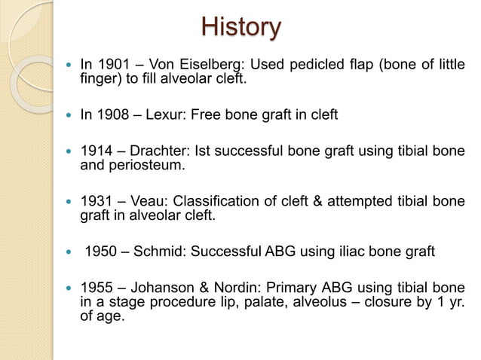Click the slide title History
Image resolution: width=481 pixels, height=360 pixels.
240,29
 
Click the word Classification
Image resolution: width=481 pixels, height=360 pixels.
214,202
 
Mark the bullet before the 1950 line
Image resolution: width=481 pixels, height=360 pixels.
71,252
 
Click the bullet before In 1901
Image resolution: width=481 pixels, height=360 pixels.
71,64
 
